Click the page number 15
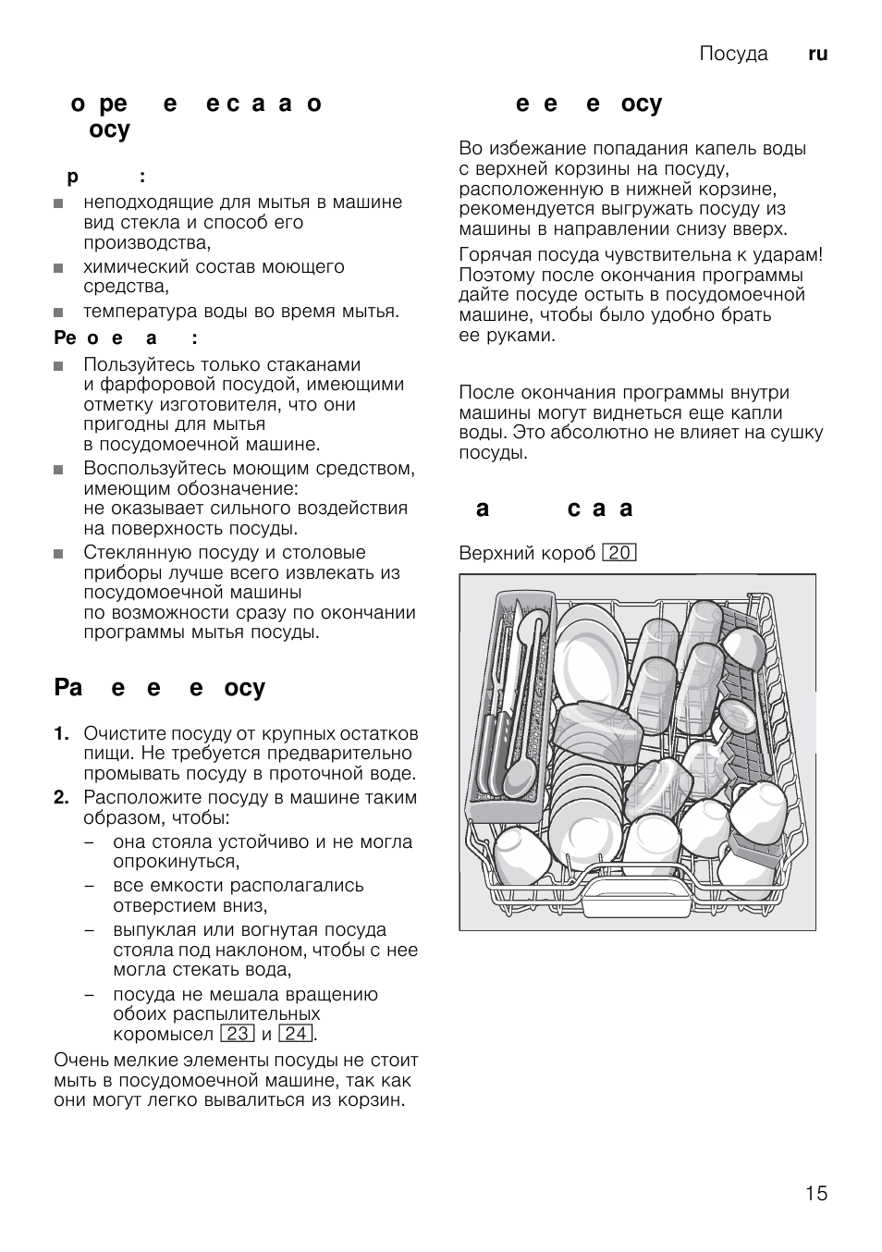point(815,1194)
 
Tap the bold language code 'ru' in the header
point(817,54)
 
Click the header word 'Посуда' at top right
point(733,54)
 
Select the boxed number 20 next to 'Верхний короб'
point(619,553)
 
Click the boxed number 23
point(239,1034)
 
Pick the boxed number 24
point(296,1034)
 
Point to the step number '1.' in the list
point(62,733)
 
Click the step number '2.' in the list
point(62,797)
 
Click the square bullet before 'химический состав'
point(59,268)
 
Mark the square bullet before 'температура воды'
point(59,313)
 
